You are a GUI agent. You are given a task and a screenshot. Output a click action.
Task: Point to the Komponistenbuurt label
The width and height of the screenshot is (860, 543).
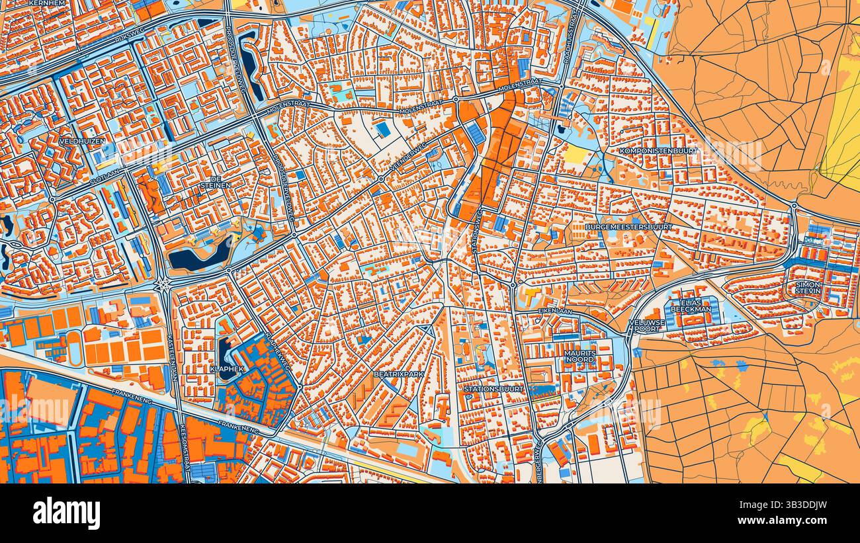[x=658, y=151]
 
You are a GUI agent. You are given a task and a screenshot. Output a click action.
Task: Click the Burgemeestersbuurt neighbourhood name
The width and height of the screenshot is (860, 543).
[x=628, y=227]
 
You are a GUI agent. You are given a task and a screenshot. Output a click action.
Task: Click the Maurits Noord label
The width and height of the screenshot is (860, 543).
[x=580, y=356]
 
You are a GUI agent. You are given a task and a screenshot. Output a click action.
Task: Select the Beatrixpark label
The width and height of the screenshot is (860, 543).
[x=398, y=374]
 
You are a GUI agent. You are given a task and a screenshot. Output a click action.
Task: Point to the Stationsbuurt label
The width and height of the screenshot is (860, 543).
[x=494, y=389]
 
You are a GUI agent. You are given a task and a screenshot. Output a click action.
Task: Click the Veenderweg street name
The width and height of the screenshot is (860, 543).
[x=409, y=159]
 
